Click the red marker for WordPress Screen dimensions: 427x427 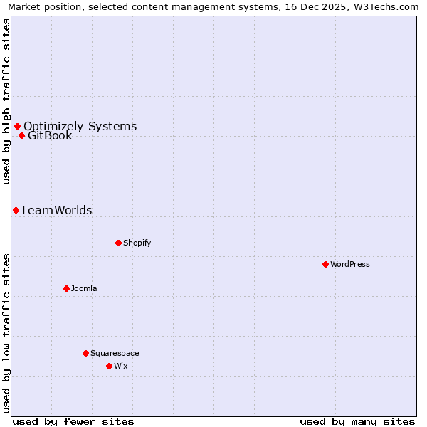[x=325, y=264]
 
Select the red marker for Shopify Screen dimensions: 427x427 [x=118, y=243]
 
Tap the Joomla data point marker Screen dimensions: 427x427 [x=66, y=288]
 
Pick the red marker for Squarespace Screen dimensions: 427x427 [x=85, y=353]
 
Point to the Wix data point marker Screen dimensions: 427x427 [x=109, y=366]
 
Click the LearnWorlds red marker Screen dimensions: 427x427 [x=16, y=210]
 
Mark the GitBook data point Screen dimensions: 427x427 [x=21, y=135]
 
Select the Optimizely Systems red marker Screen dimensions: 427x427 [x=17, y=126]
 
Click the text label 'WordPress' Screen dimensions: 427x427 [x=350, y=264]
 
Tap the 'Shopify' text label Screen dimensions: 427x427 [x=137, y=243]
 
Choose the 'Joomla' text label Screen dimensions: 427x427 [x=84, y=288]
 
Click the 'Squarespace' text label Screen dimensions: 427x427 [x=115, y=353]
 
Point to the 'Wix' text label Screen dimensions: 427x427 [x=121, y=366]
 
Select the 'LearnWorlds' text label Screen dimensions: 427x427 [x=57, y=210]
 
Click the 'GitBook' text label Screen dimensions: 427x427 [x=50, y=135]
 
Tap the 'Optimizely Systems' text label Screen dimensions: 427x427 [x=80, y=126]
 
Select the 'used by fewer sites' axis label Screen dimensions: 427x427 [x=73, y=421]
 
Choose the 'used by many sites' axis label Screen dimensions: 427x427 [x=357, y=421]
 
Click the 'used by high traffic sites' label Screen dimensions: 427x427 [x=7, y=101]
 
